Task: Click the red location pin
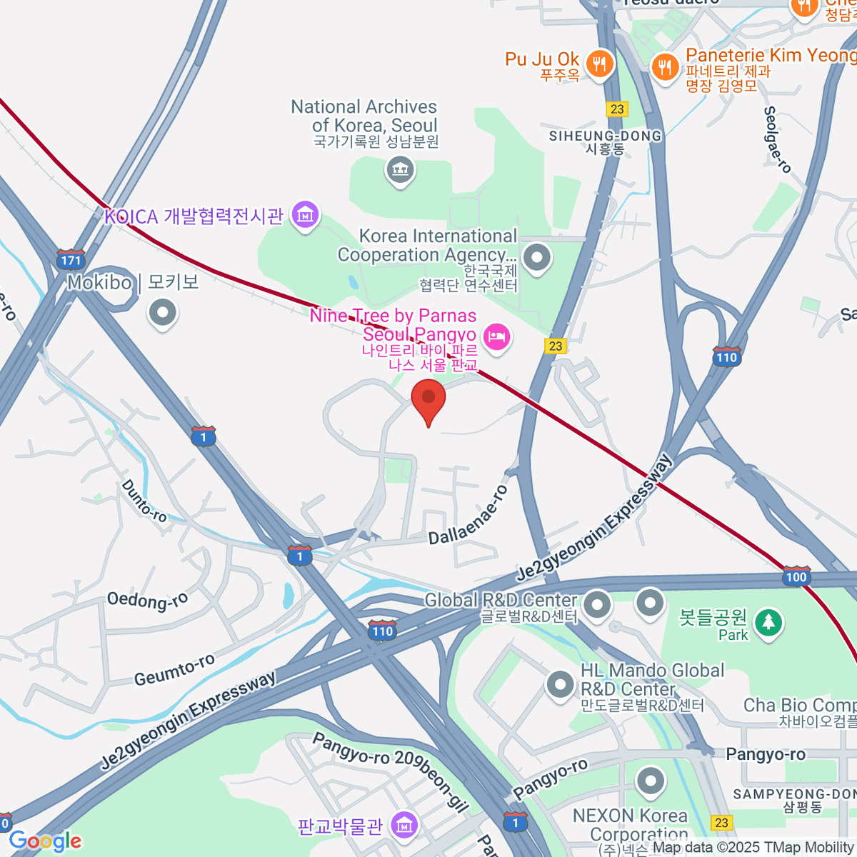pos(428,400)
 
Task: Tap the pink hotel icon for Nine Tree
pos(497,336)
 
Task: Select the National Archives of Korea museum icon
pos(400,171)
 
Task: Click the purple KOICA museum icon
pos(306,214)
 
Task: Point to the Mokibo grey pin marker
pos(163,312)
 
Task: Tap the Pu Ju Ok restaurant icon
pos(600,64)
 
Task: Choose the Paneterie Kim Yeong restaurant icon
pos(666,68)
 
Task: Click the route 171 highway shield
pos(71,259)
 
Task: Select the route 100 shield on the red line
pos(796,577)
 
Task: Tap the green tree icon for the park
pos(768,622)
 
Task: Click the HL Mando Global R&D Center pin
pos(561,684)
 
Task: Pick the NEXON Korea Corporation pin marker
pos(650,782)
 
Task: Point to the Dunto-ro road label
pos(144,501)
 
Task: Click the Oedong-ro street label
pos(147,601)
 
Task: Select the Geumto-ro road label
pos(174,670)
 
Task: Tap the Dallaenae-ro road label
pos(468,515)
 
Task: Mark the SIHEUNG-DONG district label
pos(605,136)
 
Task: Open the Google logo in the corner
pos(45,841)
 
